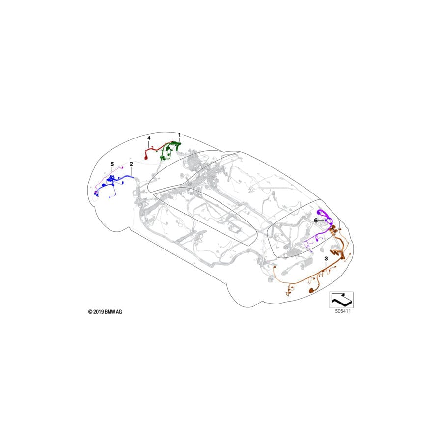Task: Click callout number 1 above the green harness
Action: tap(180, 134)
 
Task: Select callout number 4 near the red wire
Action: tap(149, 138)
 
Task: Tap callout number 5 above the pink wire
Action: tap(112, 163)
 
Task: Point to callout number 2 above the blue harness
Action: tap(131, 163)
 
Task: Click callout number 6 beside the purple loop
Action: tap(316, 221)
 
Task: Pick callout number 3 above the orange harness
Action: tap(326, 258)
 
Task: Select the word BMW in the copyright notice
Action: tap(109, 311)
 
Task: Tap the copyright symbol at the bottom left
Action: tap(90, 311)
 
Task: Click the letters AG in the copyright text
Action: tap(119, 311)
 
